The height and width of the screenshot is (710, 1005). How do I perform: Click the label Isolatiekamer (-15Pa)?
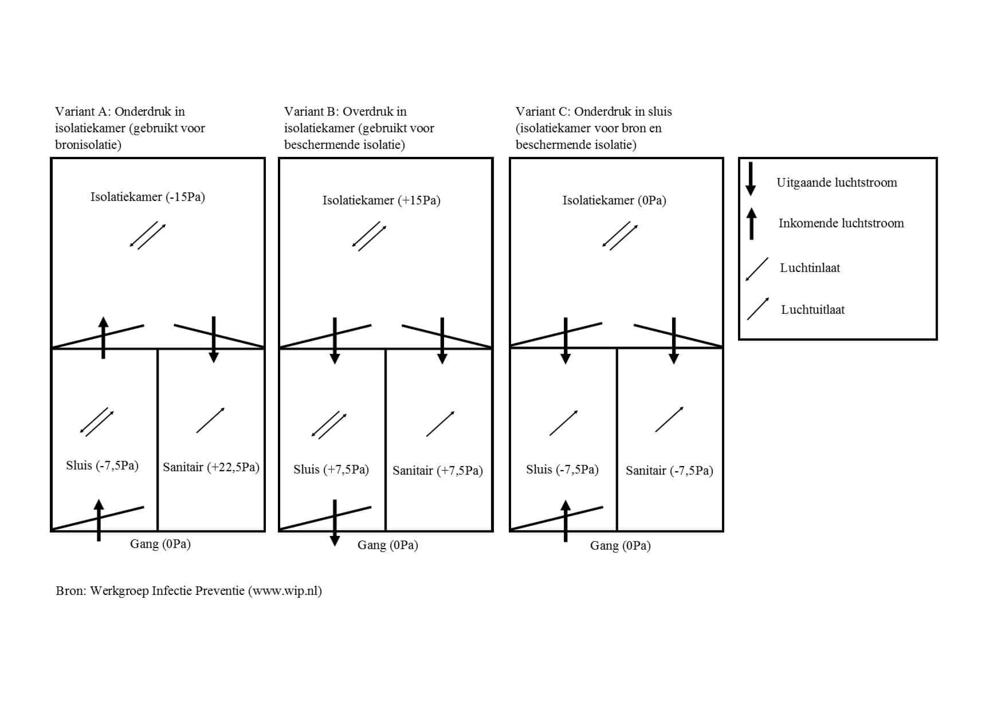pos(147,197)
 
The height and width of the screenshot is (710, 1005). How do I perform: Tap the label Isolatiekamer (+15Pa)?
pos(381,200)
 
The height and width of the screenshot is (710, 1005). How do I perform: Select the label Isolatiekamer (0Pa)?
pos(614,200)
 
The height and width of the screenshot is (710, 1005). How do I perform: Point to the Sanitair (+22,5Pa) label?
pos(211,467)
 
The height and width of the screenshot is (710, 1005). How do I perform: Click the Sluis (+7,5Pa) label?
pos(331,470)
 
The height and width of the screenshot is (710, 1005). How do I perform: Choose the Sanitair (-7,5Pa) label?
pos(669,471)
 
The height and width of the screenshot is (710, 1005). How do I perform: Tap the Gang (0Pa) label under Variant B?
pos(387,545)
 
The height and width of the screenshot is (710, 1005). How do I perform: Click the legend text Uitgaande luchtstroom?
pos(837,183)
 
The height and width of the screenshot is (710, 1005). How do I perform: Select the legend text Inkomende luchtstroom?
pos(841,223)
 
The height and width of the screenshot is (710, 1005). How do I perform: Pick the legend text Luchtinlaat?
pos(810,268)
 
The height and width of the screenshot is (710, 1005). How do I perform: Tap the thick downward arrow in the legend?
pos(751,179)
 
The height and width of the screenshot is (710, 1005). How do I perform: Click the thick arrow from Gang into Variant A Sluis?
pos(99,520)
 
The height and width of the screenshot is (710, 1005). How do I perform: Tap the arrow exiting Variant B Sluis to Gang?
pos(335,522)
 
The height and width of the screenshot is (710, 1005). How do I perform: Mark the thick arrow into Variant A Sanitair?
pos(214,339)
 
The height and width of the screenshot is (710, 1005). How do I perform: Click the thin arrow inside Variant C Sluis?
pos(563,423)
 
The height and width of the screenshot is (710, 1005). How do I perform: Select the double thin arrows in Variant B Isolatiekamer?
pos(369,236)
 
